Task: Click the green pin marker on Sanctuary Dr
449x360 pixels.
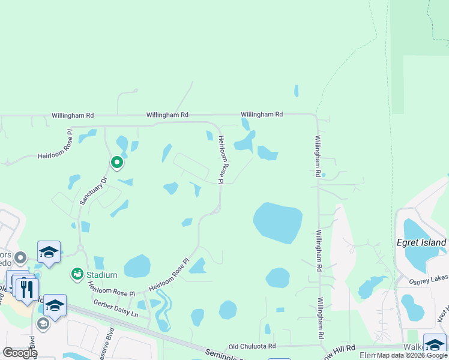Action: click(117, 162)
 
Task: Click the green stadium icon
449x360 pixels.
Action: click(77, 274)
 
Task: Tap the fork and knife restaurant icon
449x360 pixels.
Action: click(27, 289)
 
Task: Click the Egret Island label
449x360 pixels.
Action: click(421, 243)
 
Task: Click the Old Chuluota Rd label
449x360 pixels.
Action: click(252, 346)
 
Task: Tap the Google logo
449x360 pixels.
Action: click(20, 353)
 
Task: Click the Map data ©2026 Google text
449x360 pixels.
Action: click(412, 356)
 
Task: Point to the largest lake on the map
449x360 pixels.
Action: click(277, 221)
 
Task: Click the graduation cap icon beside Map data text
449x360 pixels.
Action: click(435, 344)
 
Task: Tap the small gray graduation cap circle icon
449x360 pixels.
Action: click(43, 324)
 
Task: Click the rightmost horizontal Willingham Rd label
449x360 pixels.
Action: click(262, 114)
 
